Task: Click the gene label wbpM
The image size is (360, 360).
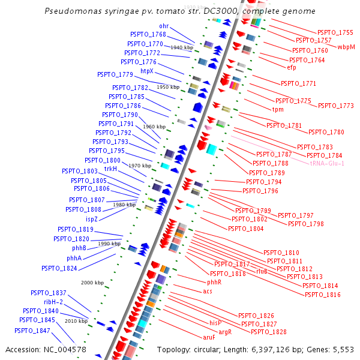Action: (346, 46)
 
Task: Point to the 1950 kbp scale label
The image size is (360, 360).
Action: (168, 87)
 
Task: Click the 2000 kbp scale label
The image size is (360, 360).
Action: (92, 282)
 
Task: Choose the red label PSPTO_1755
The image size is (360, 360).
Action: (335, 32)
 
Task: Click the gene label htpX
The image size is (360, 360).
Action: (147, 71)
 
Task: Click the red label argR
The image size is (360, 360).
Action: (225, 331)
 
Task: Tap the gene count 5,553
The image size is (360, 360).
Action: (342, 349)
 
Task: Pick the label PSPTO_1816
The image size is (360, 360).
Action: (322, 295)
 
